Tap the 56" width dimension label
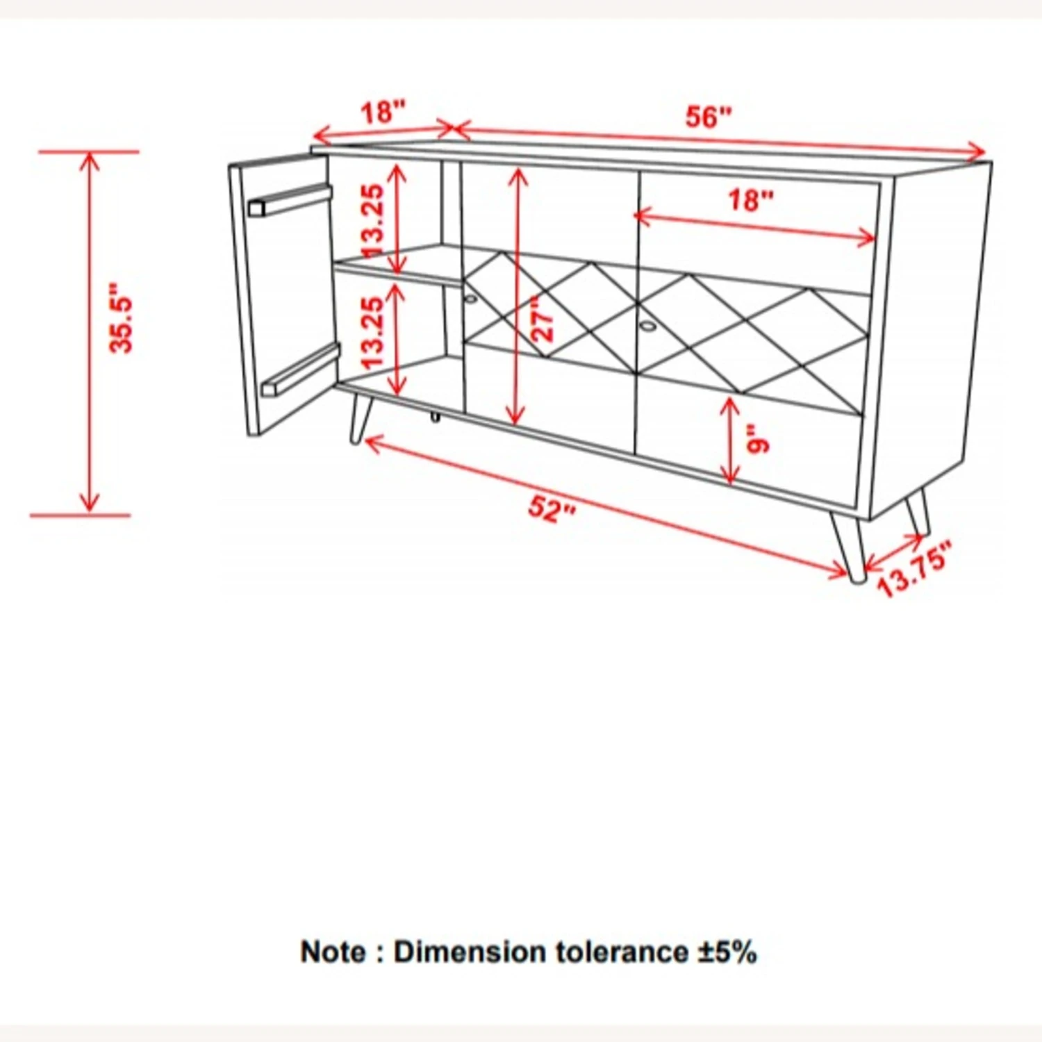709,117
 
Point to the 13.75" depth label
914,570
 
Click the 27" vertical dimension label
543,318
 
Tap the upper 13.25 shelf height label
372,220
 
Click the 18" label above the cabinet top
382,112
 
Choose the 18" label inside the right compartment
750,200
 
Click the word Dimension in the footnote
470,952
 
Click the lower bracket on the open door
300,371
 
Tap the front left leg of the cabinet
361,420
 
